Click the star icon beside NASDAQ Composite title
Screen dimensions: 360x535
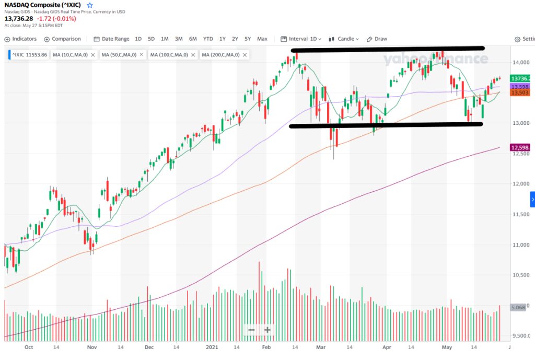(89, 5)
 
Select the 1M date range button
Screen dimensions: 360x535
(165, 39)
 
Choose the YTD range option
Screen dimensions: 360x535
(208, 39)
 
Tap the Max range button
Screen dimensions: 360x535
(262, 39)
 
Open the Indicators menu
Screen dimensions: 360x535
(20, 39)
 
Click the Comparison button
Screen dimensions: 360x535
(63, 39)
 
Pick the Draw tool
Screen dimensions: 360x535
(377, 39)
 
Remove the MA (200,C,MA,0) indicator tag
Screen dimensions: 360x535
(244, 55)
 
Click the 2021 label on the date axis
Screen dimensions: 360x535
(212, 346)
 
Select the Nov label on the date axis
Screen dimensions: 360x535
(91, 346)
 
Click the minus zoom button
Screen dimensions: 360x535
(252, 330)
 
